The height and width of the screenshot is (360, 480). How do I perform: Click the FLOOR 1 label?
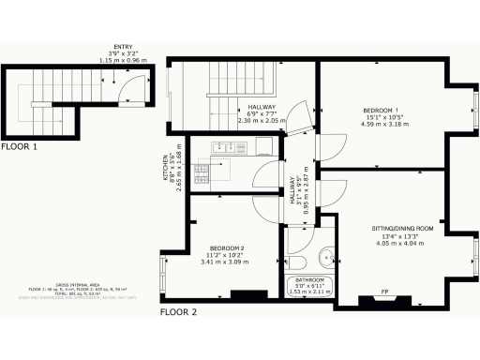[20, 147]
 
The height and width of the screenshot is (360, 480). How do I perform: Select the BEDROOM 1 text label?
[382, 111]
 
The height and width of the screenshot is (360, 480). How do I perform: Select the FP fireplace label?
[384, 290]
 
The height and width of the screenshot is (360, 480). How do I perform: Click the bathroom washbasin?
[324, 254]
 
